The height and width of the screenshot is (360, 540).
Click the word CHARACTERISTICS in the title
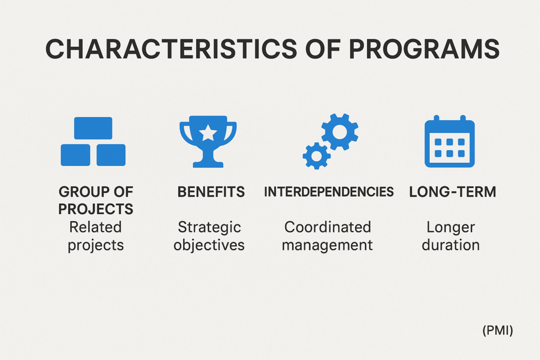click(171, 48)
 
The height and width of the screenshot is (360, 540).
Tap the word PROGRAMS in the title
click(424, 48)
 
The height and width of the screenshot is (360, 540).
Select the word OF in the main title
click(323, 48)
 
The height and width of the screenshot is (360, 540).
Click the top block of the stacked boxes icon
click(93, 128)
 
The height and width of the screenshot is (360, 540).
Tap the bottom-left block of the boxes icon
click(75, 155)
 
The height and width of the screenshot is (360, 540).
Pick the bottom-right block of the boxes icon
click(111, 155)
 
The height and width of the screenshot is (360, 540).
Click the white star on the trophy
click(208, 133)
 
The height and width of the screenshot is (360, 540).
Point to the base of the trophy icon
click(208, 164)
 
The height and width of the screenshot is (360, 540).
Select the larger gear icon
click(340, 132)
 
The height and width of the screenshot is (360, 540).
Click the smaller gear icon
click(316, 156)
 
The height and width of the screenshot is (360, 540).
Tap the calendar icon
click(449, 141)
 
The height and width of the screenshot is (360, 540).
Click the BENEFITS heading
click(211, 192)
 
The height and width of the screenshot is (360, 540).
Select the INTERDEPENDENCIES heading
click(329, 192)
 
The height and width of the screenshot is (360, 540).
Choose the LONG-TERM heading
click(452, 192)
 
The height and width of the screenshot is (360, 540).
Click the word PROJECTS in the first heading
click(96, 209)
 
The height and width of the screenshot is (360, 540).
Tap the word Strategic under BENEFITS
click(209, 228)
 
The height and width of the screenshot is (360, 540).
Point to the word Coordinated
click(327, 227)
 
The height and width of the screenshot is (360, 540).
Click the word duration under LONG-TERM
click(451, 245)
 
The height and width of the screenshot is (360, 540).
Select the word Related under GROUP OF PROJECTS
click(95, 227)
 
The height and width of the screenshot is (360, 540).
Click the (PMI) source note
click(498, 330)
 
